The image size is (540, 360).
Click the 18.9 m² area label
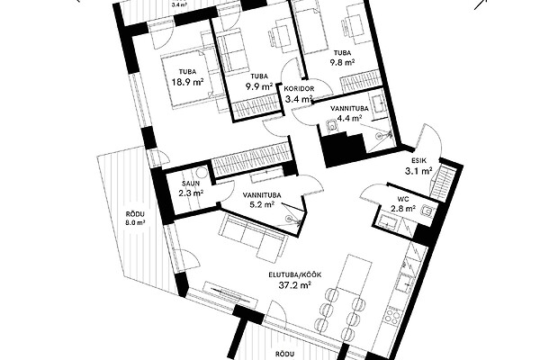(187, 82)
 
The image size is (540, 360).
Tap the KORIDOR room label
(299, 88)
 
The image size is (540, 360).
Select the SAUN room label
(191, 184)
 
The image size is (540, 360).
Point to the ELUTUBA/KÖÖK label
(295, 274)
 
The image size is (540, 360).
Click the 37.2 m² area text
(295, 285)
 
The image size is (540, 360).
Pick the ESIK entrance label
(418, 160)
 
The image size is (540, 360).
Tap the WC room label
(402, 199)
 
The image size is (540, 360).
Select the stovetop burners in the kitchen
(391, 316)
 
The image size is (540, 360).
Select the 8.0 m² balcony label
(135, 218)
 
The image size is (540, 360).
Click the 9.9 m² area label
(259, 86)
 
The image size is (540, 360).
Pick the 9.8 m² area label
(342, 62)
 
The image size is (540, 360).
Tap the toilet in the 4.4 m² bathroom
(332, 126)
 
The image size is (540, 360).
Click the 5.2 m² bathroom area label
(262, 204)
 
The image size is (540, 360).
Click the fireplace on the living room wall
(230, 294)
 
